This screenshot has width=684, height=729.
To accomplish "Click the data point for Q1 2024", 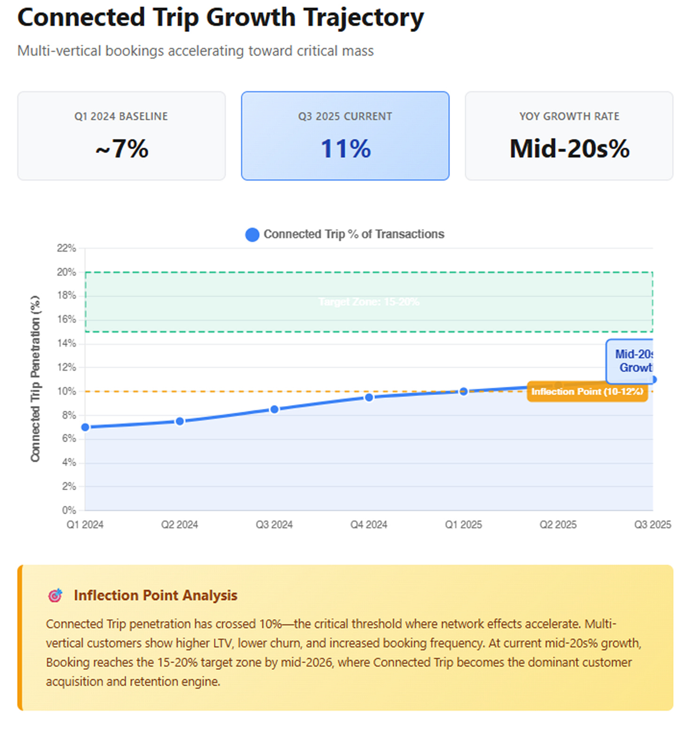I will click(x=85, y=427).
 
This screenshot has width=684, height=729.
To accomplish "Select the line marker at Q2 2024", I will click(x=179, y=422).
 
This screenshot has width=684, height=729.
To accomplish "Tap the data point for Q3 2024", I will click(x=274, y=409).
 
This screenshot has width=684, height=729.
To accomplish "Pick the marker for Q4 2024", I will click(x=369, y=398).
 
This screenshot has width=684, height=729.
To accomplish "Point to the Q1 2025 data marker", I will click(x=464, y=391).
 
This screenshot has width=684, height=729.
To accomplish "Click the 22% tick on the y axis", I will click(x=66, y=248).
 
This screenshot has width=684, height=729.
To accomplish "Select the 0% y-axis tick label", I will click(x=69, y=510).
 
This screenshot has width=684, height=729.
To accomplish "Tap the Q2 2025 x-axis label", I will click(x=558, y=525).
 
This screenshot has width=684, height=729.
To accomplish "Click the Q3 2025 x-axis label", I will click(x=653, y=525).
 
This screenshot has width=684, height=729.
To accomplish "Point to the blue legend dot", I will click(x=252, y=235).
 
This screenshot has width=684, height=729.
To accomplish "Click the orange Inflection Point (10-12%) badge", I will click(x=587, y=391).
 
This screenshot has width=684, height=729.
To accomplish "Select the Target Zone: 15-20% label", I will click(x=369, y=302).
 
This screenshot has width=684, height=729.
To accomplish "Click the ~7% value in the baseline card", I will click(x=122, y=149).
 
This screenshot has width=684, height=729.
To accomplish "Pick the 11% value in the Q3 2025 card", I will click(x=345, y=149).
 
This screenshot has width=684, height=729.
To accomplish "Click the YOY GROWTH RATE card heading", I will click(x=569, y=116).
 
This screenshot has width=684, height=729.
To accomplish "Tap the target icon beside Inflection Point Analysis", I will click(x=55, y=595).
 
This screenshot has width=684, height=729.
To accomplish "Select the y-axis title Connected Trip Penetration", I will click(x=36, y=378).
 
